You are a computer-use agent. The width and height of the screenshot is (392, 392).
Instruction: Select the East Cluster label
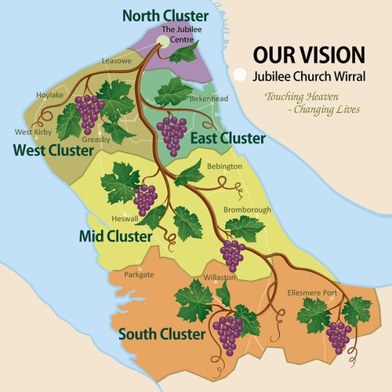[227, 139]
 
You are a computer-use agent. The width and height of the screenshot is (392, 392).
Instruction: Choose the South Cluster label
[162, 335]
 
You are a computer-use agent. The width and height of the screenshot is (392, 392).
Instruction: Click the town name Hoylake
[50, 96]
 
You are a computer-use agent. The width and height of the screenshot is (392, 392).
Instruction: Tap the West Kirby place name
[28, 132]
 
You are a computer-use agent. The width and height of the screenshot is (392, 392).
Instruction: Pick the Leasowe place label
[115, 60]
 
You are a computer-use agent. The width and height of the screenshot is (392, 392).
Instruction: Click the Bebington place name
[224, 167]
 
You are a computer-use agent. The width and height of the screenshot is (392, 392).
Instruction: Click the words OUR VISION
[307, 54]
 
